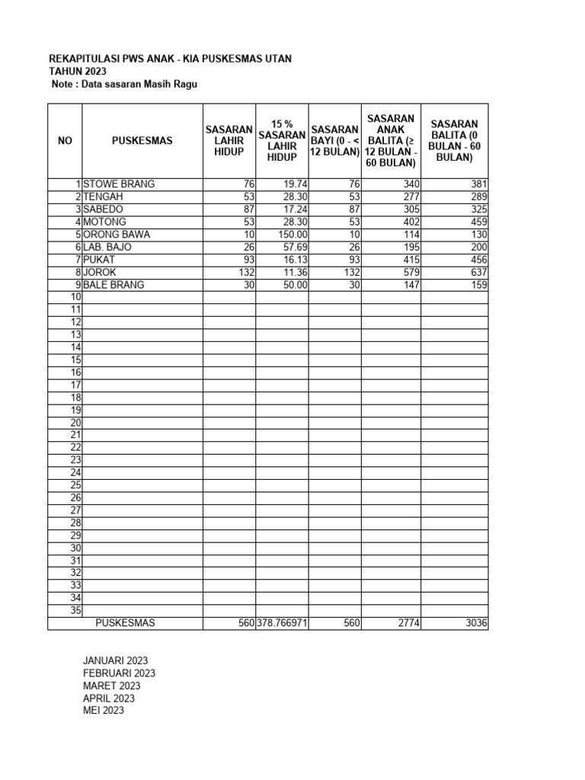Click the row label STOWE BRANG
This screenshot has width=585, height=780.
tap(118, 184)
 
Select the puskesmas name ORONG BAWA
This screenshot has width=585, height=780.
tap(117, 235)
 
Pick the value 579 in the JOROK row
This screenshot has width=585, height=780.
tap(409, 273)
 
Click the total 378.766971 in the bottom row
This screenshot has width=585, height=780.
tap(282, 623)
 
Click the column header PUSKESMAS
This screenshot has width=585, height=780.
tap(142, 140)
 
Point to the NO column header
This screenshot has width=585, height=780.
tap(65, 140)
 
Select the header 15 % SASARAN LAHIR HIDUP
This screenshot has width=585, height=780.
tap(282, 140)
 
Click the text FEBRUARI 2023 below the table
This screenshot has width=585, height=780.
tap(119, 673)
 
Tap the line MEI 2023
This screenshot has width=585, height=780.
tap(104, 711)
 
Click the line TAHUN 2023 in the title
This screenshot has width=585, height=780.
tap(78, 71)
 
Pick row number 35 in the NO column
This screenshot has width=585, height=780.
tap(75, 611)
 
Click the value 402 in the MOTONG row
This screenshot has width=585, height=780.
tap(409, 222)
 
